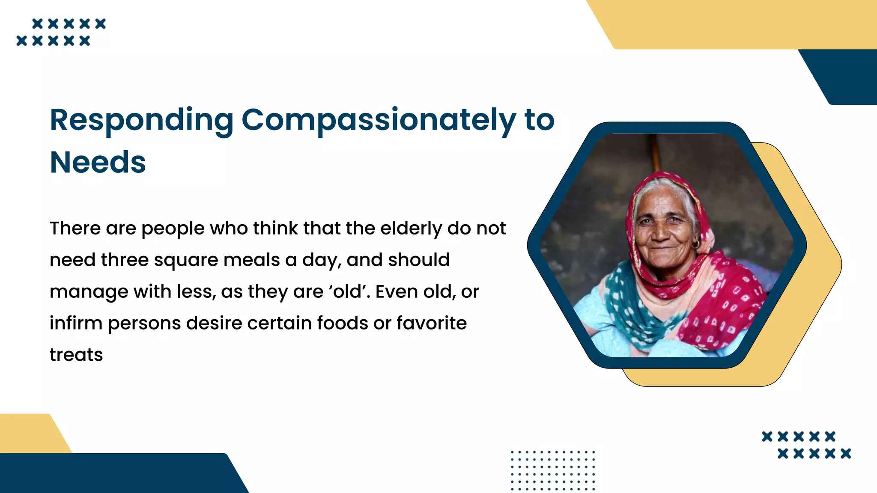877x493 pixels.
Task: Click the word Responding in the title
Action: pos(141,121)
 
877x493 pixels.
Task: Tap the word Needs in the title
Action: pos(98,163)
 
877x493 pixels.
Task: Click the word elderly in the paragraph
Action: pos(411,229)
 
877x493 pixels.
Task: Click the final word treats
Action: pos(76,355)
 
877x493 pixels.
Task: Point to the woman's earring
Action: pos(697,244)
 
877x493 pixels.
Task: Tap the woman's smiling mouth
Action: pos(663,247)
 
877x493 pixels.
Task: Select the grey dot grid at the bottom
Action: pos(553,470)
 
